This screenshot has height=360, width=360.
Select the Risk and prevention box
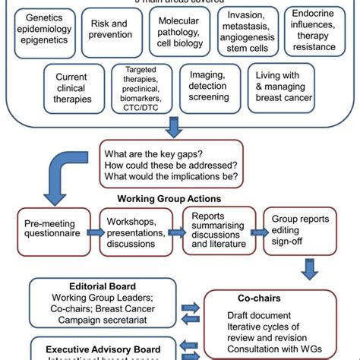pyautogui.click(x=111, y=33)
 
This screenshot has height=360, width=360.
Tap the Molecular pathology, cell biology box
pyautogui.click(x=179, y=32)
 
